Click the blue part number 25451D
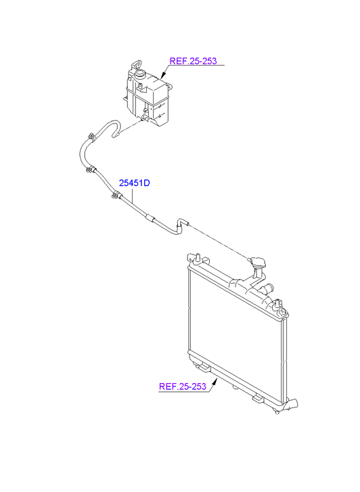click(x=134, y=183)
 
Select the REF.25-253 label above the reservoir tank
click(x=193, y=61)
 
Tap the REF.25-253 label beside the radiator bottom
click(x=182, y=386)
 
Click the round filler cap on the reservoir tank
click(x=139, y=74)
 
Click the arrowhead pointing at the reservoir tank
click(x=163, y=74)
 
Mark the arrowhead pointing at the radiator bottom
click(x=215, y=382)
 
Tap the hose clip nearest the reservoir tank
click(x=91, y=137)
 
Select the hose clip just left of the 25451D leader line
click(x=115, y=194)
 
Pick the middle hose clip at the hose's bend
click(x=90, y=169)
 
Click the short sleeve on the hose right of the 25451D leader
click(x=150, y=218)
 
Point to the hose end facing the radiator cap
click(x=183, y=223)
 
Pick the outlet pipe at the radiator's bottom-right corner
click(x=292, y=404)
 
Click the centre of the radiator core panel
click(x=236, y=326)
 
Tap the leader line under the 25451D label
click(x=133, y=195)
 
